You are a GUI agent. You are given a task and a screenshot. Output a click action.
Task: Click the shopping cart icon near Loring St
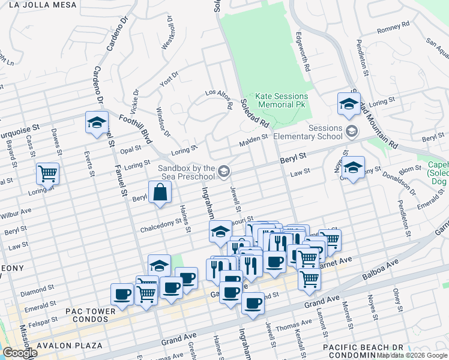coord(47,173)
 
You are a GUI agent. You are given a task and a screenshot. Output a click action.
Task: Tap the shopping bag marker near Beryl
coord(160,193)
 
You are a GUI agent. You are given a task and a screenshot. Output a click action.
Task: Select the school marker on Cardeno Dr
coord(96,122)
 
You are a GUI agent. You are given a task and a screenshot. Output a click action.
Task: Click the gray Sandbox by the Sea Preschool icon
coord(224,173)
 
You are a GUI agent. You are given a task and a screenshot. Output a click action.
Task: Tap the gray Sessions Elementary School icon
coord(352,131)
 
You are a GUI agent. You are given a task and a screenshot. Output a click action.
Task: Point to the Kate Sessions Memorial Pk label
coord(282,100)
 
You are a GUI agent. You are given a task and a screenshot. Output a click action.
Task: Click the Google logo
coord(19,353)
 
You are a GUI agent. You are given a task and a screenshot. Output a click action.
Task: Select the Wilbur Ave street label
coord(16,212)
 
